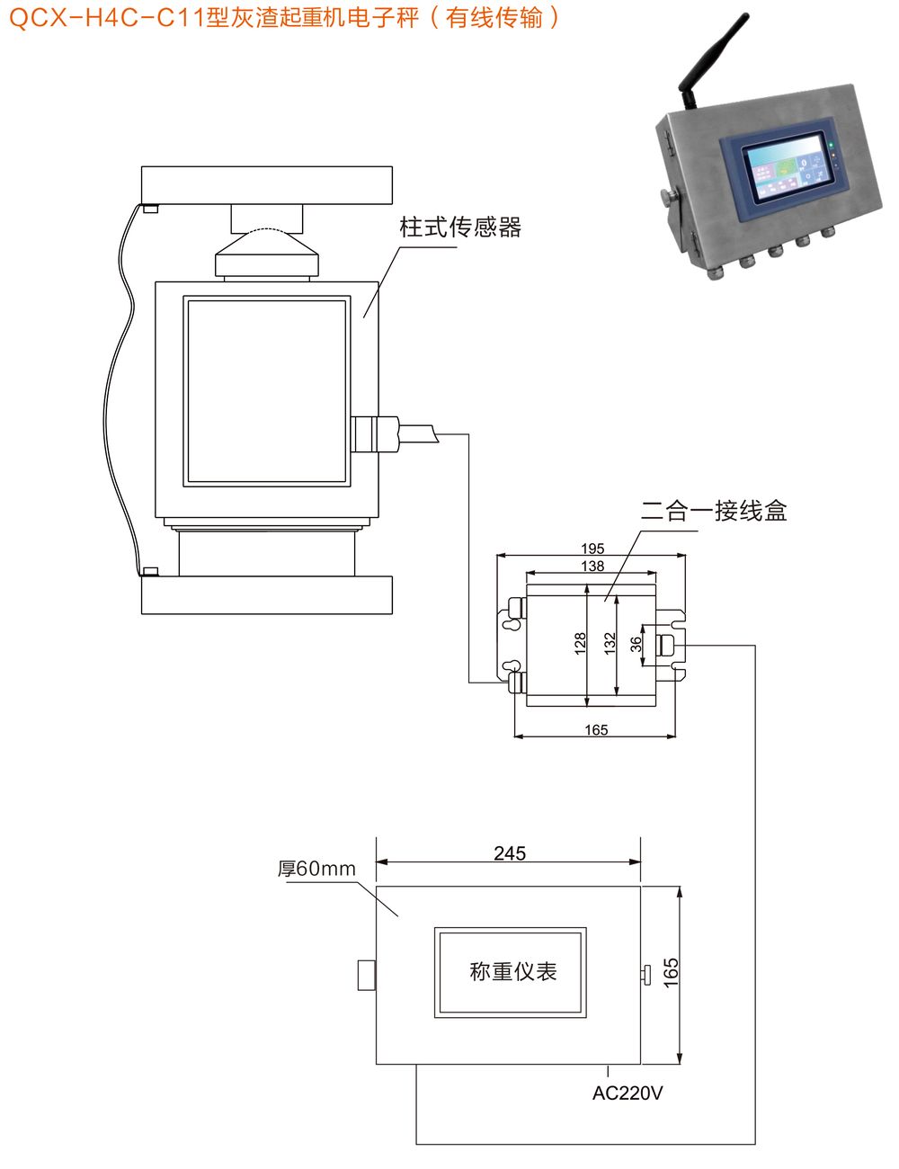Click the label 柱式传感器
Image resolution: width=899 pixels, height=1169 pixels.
[460, 228]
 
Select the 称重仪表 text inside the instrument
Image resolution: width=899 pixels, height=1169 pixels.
[512, 972]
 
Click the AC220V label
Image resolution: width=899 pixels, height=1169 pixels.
[628, 1093]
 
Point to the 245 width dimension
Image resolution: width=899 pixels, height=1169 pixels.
[509, 852]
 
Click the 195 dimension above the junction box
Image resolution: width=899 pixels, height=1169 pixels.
[592, 549]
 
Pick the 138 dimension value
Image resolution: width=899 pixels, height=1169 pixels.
[592, 567]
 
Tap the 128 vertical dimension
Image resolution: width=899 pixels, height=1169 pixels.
[580, 642]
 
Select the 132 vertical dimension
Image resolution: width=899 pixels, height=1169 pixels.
[610, 642]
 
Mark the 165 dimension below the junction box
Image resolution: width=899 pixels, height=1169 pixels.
[596, 730]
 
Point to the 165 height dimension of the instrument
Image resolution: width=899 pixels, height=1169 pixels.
[671, 973]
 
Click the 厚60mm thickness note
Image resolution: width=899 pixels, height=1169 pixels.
[316, 870]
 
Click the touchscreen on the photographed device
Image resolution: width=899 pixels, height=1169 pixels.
[785, 173]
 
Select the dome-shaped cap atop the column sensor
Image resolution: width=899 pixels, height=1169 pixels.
[267, 252]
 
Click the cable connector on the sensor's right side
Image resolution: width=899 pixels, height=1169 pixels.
[376, 433]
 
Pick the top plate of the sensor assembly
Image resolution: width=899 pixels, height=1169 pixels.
[267, 185]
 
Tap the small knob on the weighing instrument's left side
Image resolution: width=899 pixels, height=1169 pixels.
[366, 976]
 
